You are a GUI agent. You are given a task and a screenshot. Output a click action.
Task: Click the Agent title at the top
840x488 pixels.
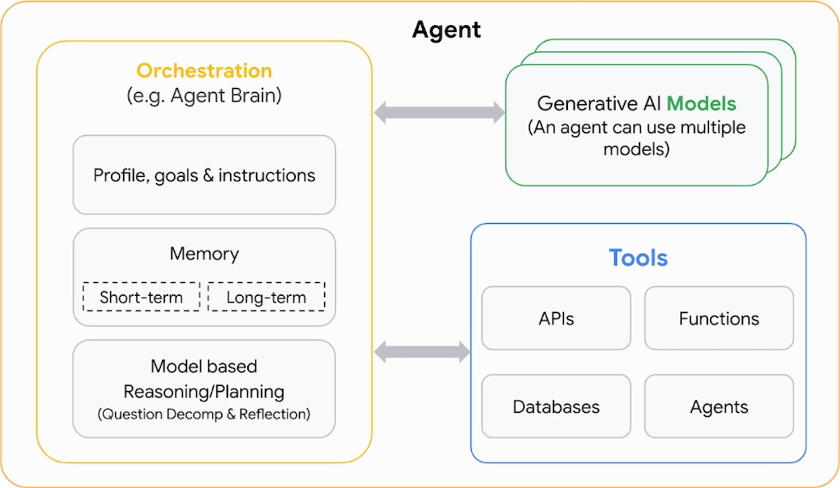(446, 30)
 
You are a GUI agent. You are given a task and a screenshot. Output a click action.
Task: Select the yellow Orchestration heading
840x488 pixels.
(204, 71)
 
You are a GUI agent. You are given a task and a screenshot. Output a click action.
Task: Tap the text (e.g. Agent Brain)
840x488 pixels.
(204, 95)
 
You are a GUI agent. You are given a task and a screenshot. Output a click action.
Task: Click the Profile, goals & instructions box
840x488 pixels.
(204, 175)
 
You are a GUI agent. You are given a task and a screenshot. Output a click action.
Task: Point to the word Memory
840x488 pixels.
(204, 253)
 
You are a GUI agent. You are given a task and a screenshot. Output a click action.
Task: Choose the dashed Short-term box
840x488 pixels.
(141, 297)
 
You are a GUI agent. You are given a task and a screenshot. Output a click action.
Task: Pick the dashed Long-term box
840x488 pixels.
(266, 297)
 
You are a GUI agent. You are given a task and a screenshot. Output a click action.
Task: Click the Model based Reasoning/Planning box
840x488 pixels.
(204, 389)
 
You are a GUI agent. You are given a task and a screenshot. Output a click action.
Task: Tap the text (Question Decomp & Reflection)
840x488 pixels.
(204, 414)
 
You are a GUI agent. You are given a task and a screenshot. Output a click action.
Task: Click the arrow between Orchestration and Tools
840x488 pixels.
(422, 352)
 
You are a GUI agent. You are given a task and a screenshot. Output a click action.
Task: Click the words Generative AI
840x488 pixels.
(599, 104)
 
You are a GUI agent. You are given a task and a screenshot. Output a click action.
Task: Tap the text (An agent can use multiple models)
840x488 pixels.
(636, 138)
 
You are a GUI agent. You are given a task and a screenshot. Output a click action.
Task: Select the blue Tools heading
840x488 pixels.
(638, 258)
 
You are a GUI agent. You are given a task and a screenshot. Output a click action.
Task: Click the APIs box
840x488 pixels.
(556, 318)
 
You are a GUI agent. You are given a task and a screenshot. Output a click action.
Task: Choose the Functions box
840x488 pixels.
(719, 318)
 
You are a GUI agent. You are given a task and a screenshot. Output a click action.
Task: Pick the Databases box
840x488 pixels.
(556, 407)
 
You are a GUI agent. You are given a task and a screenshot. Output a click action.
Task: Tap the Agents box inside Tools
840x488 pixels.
(719, 407)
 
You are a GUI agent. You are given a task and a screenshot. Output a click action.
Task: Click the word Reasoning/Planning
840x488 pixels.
(204, 391)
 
